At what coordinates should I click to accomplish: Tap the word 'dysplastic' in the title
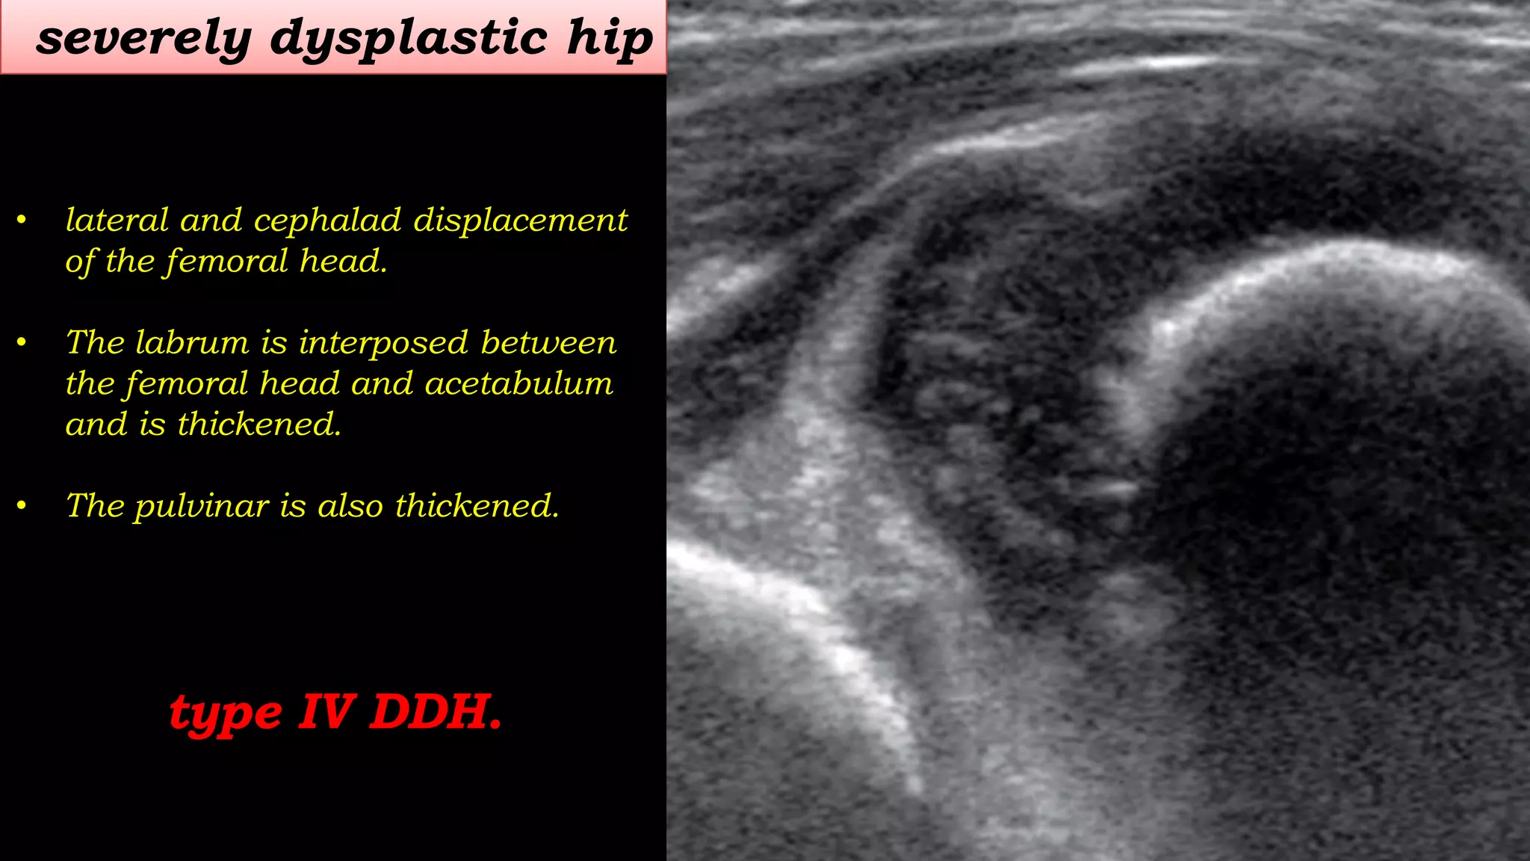pyautogui.click(x=408, y=39)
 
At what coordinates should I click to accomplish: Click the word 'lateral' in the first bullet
pyautogui.click(x=117, y=220)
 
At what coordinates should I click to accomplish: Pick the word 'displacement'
pyautogui.click(x=521, y=221)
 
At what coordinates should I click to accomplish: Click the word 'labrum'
pyautogui.click(x=192, y=342)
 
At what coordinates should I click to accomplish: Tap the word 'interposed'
pyautogui.click(x=383, y=344)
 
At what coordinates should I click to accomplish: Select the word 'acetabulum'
pyautogui.click(x=518, y=383)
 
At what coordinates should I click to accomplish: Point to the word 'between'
pyautogui.click(x=548, y=342)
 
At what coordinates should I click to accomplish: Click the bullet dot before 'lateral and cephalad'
pyautogui.click(x=22, y=220)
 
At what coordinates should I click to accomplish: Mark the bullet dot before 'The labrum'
pyautogui.click(x=22, y=342)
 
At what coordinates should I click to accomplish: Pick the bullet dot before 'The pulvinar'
pyautogui.click(x=22, y=506)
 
